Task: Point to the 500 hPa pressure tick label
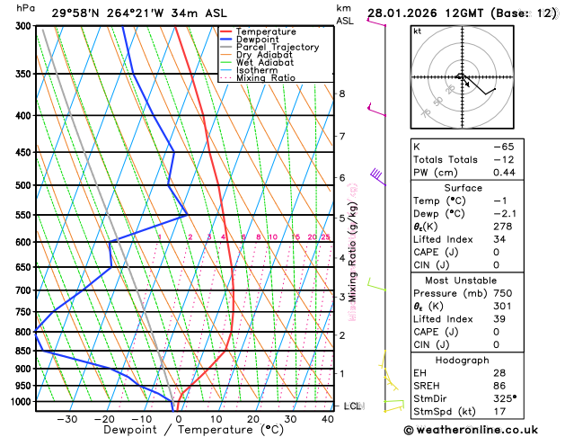click(23, 185)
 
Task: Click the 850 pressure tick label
click(23, 351)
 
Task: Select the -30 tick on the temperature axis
click(66, 419)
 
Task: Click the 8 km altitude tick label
click(341, 94)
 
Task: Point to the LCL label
click(352, 406)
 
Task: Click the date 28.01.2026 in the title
click(410, 13)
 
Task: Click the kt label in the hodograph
click(417, 31)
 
